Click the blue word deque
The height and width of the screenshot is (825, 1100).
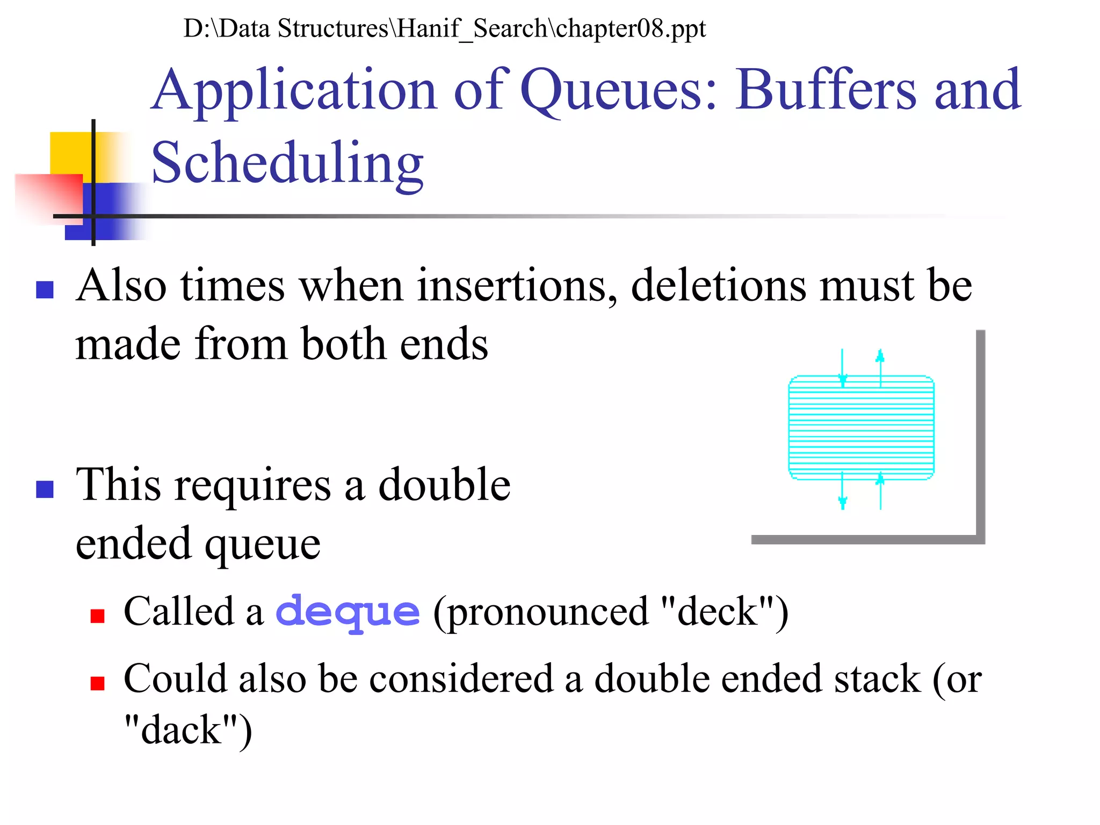[348, 612]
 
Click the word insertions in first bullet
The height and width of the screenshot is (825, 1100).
[516, 286]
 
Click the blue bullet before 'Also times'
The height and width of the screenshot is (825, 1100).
[45, 290]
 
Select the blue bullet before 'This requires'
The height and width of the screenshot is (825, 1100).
[45, 489]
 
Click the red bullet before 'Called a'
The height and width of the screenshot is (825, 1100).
[97, 616]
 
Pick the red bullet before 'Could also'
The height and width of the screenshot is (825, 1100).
[97, 683]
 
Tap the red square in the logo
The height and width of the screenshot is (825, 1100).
[48, 196]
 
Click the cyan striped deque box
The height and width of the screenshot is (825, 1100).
[861, 428]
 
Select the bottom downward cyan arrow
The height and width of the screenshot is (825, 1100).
[842, 491]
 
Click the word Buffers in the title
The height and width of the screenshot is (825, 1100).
[825, 90]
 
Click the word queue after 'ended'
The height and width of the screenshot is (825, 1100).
[263, 544]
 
